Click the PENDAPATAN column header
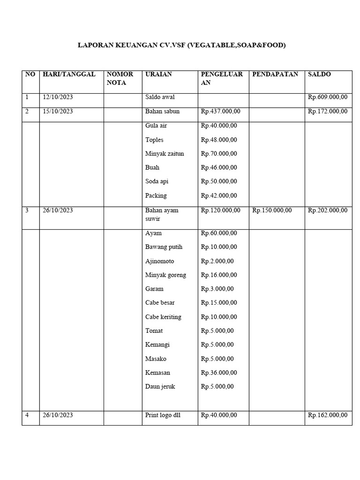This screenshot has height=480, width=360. [275, 74]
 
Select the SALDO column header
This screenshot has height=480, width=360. [319, 74]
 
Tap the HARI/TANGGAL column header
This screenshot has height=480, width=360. [69, 74]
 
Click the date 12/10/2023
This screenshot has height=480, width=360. [58, 97]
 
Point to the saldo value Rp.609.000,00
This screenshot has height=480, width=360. [328, 97]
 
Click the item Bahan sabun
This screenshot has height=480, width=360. [162, 112]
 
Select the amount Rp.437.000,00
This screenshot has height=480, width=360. [221, 112]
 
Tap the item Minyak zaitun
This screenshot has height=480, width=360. [165, 154]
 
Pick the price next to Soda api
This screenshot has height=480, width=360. [219, 181]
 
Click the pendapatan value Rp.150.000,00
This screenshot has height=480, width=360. [272, 210]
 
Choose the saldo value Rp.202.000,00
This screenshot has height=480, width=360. [328, 210]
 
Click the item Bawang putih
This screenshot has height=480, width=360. [164, 247]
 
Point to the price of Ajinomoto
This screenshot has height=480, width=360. [217, 261]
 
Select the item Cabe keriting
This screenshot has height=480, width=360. [163, 317]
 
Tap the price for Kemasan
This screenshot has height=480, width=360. [219, 373]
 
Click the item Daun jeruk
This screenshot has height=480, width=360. [160, 387]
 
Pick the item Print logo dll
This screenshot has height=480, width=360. [163, 415]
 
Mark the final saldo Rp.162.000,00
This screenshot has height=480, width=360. [328, 415]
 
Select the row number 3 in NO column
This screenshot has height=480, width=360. [27, 210]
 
